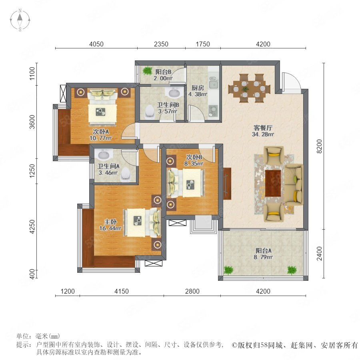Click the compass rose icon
(20, 20)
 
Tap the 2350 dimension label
(161, 44)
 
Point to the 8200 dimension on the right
(319, 146)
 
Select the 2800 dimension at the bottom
(192, 291)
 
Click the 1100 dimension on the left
(32, 74)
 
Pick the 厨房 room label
(198, 88)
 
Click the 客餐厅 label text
(263, 128)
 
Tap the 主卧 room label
(110, 222)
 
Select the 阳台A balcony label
(263, 250)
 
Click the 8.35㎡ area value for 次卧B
(194, 164)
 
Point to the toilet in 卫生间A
(126, 173)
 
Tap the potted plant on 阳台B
(147, 71)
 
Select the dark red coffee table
(273, 183)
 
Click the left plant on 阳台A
(228, 270)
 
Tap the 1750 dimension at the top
(203, 44)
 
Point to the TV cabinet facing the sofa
(227, 184)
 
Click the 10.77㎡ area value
(100, 138)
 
